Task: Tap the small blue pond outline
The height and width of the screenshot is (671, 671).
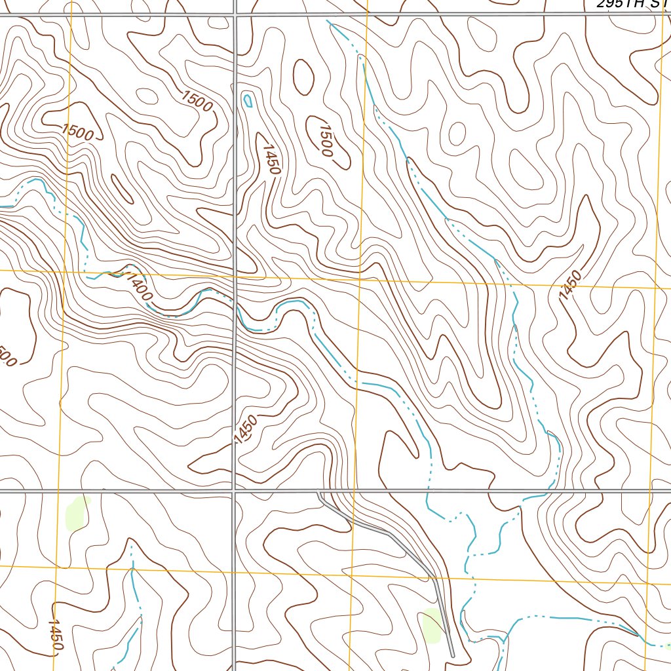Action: (248, 100)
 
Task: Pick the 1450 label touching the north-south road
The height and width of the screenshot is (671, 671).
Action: (244, 429)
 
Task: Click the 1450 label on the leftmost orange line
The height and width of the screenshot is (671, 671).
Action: (56, 635)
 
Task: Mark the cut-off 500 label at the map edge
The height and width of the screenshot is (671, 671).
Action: (7, 356)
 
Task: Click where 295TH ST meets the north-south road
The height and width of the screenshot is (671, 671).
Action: (235, 14)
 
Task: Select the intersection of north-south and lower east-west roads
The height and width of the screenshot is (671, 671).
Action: (234, 489)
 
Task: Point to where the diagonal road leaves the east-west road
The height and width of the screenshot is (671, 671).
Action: (319, 491)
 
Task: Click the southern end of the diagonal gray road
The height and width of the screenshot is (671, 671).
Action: (452, 654)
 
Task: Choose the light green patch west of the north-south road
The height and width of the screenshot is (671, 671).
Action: (77, 512)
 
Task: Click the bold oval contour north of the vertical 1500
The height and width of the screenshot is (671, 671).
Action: (303, 77)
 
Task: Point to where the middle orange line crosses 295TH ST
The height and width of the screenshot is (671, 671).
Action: (368, 14)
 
